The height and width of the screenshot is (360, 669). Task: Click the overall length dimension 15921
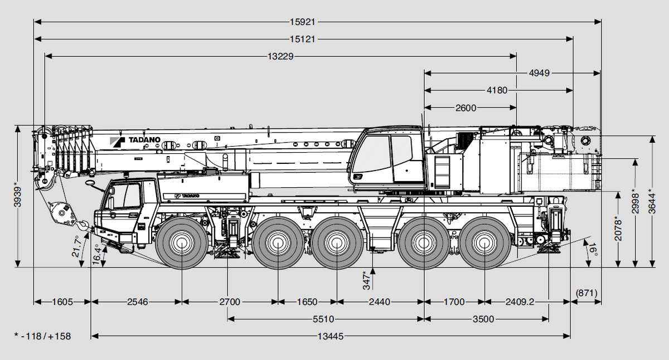(x=303, y=22)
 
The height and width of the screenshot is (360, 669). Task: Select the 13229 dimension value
(x=280, y=56)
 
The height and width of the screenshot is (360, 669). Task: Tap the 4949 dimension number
(x=539, y=73)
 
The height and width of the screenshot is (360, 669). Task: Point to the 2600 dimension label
(x=466, y=108)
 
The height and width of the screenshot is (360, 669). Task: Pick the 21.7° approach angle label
(x=76, y=246)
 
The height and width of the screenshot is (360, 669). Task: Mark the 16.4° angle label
(x=96, y=254)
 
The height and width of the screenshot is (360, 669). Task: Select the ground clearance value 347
(x=366, y=280)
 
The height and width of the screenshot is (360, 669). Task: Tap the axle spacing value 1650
(x=307, y=302)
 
